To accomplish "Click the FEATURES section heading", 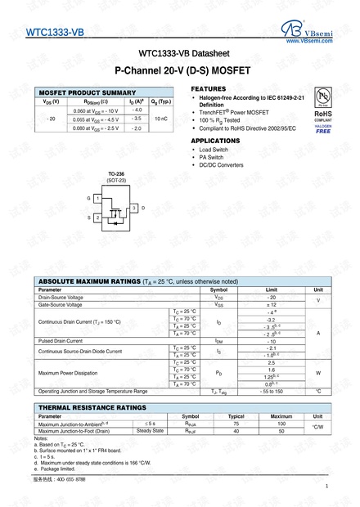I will pyautogui.click(x=209, y=87).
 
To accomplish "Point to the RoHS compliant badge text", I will pyautogui.click(x=324, y=115).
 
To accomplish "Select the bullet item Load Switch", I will pyautogui.click(x=214, y=150).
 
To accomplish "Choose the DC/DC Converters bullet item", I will pyautogui.click(x=221, y=165).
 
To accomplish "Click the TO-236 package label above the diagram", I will pyautogui.click(x=115, y=173).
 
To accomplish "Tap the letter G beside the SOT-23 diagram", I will pyautogui.click(x=88, y=199).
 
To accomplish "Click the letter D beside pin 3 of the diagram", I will pyautogui.click(x=143, y=209).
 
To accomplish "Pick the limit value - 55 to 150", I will pyautogui.click(x=272, y=391).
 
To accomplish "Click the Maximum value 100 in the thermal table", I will pyautogui.click(x=281, y=424).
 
